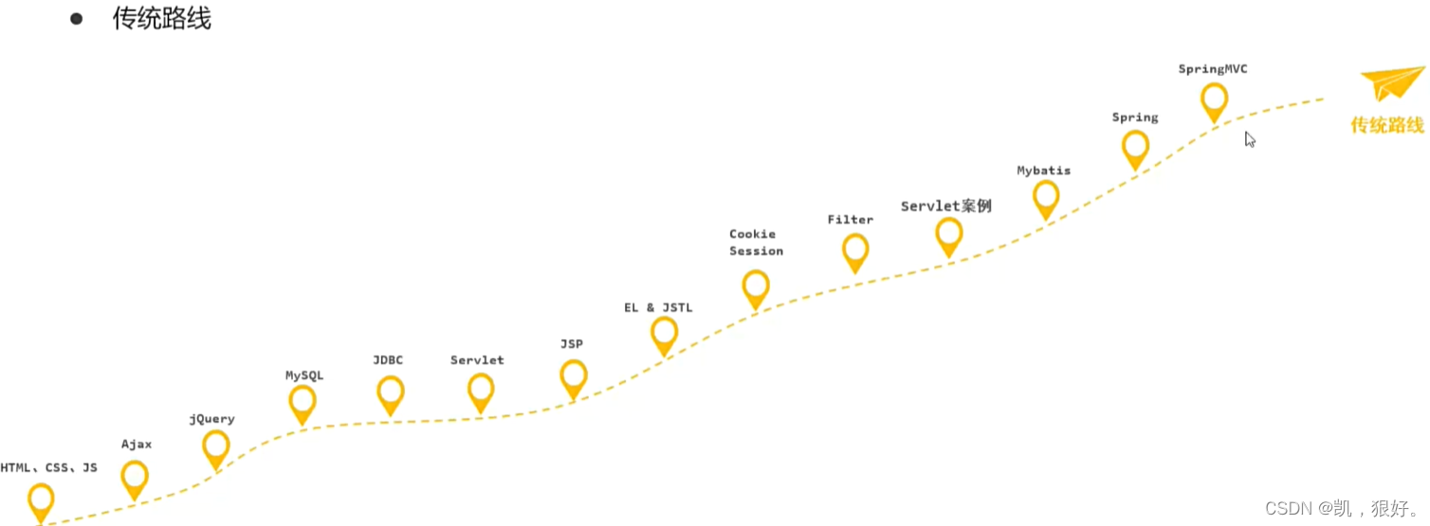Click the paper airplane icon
coord(1393,83)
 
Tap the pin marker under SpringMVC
coord(1214,100)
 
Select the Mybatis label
coord(1043,171)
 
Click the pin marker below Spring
coord(1135,147)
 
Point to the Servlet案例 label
coord(945,206)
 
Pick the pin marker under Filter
coord(855,250)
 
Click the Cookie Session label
coord(756,243)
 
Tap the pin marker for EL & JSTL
coord(664,333)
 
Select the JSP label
coord(571,344)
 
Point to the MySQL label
coord(304,375)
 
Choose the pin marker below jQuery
coord(216,446)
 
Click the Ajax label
coord(137,444)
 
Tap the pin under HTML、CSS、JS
coord(41,499)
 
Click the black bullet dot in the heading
coord(77,18)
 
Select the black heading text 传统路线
coord(161,19)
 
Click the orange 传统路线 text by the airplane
coord(1387,125)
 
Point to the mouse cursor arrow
coord(1250,139)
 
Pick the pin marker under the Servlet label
coord(481,390)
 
